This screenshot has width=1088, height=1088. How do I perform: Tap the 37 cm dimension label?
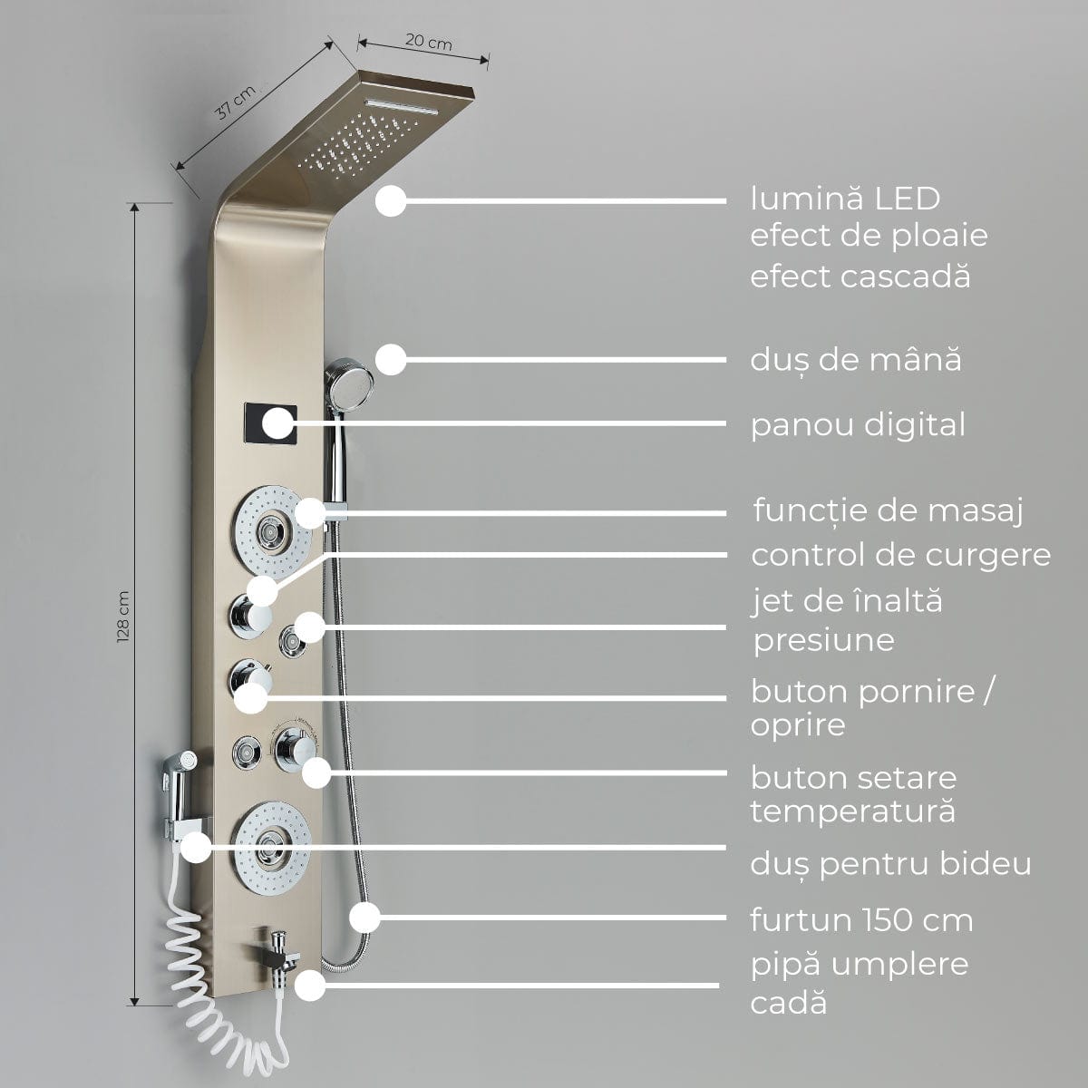[x=234, y=105]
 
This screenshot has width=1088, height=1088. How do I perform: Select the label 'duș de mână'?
[x=855, y=360]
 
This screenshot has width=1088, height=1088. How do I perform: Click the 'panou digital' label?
[x=858, y=424]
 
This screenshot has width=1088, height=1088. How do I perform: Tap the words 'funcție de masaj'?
[x=888, y=510]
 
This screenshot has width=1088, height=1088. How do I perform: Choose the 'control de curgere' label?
[x=900, y=554]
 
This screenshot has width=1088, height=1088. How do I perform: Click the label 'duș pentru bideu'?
[x=890, y=864]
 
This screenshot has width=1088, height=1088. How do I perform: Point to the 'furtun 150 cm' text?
[x=861, y=920]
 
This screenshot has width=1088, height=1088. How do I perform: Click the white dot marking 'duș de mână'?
[x=390, y=359]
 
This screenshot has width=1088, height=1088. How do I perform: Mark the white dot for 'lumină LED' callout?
[x=390, y=200]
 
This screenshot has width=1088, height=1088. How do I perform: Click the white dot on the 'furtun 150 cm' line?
[x=364, y=918]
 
